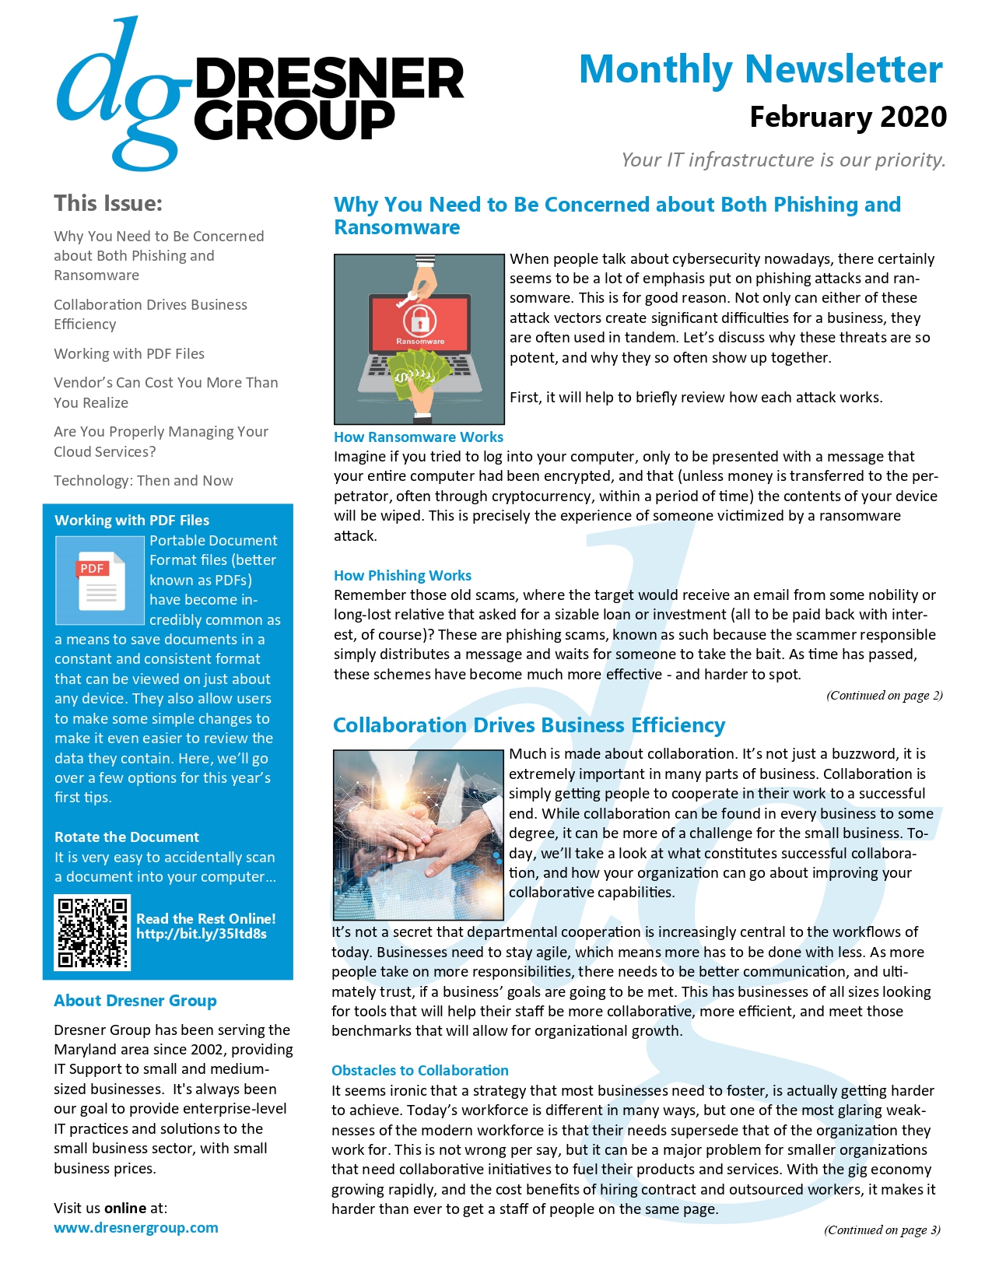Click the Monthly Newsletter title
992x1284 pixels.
click(760, 70)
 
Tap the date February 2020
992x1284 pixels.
click(847, 118)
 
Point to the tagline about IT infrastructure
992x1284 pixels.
click(783, 160)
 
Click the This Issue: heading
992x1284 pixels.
click(108, 203)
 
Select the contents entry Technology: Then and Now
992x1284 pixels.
click(143, 481)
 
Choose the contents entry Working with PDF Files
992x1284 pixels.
click(129, 354)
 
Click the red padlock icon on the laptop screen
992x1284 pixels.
click(419, 320)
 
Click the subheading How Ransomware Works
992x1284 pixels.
click(419, 437)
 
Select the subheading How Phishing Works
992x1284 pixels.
click(402, 576)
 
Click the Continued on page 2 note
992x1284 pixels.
click(884, 696)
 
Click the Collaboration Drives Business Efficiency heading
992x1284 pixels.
click(529, 725)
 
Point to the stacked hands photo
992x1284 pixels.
click(419, 834)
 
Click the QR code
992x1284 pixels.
click(93, 932)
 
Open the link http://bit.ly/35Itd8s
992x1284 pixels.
click(202, 934)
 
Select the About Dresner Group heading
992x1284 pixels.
click(135, 1001)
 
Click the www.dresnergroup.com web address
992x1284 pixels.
click(136, 1228)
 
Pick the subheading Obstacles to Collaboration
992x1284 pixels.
click(420, 1071)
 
